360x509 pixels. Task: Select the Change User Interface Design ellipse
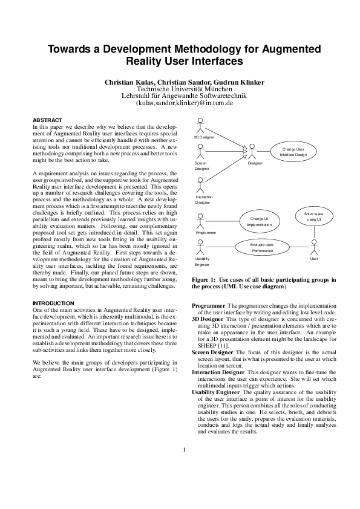[x=293, y=151]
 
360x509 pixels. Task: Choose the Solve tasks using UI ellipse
[x=313, y=216]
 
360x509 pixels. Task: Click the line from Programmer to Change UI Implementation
[x=226, y=221]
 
